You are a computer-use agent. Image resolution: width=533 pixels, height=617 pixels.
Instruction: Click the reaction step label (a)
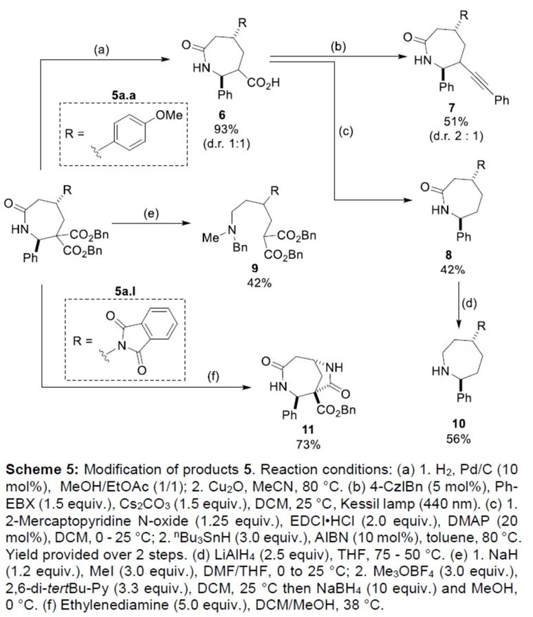(102, 49)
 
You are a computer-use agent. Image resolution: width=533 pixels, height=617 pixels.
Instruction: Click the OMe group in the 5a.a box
(173, 114)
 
